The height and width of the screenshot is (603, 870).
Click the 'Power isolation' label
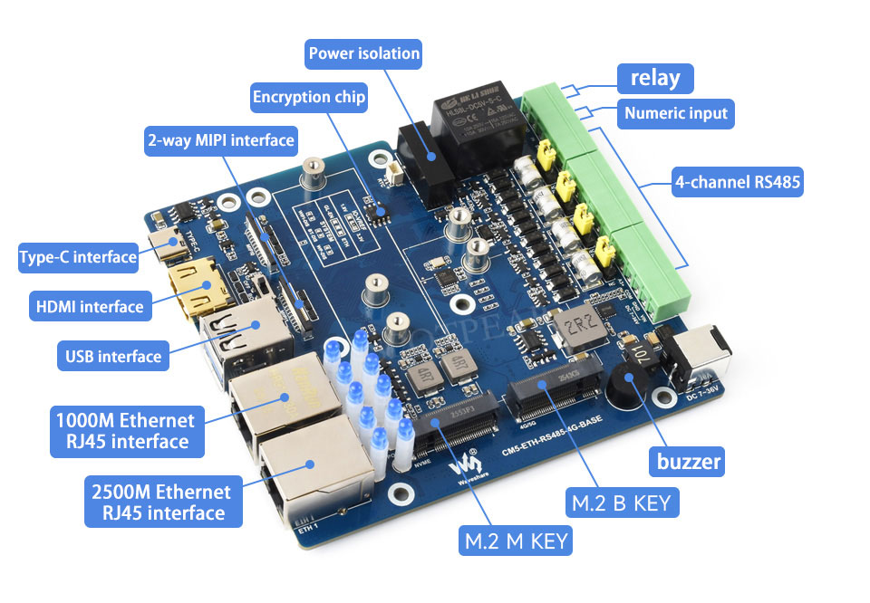364,53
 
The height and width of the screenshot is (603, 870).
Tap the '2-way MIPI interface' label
221,140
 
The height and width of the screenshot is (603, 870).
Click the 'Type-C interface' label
78,257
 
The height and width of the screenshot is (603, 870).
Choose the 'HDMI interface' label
88,306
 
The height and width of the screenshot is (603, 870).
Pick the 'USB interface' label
113,356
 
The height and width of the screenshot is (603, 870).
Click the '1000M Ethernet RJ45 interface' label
125,431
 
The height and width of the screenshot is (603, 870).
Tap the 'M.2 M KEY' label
516,541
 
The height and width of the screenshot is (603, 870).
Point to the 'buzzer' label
689,462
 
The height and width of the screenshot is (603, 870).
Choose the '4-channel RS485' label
738,183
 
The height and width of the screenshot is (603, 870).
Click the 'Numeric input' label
676,113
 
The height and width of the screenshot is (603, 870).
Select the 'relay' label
655,78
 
